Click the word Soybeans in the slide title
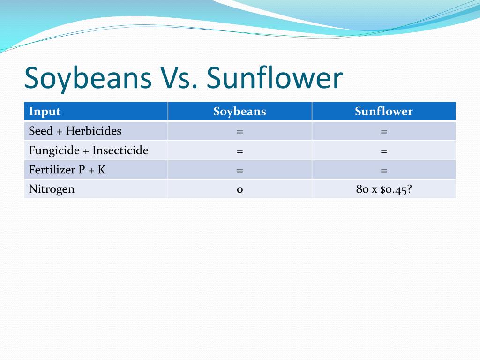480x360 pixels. [88, 78]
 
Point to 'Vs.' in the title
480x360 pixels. [179, 78]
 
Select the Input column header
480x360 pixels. [45, 112]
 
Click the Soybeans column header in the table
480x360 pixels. [240, 112]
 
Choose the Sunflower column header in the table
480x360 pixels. [384, 111]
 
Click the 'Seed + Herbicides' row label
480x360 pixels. [75, 131]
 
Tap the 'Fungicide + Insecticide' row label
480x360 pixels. [89, 150]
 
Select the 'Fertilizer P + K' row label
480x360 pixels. [67, 170]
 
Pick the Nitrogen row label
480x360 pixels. [52, 189]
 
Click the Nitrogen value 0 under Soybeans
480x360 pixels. [240, 190]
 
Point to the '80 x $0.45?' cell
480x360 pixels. [384, 189]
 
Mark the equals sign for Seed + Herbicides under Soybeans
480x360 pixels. [240, 132]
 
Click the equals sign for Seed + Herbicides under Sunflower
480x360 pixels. [384, 132]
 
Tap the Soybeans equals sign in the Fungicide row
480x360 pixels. [240, 151]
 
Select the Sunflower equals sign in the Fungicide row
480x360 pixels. [384, 151]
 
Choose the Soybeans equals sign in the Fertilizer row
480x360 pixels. [240, 171]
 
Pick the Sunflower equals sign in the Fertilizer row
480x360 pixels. [384, 171]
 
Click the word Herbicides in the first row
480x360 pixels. [94, 131]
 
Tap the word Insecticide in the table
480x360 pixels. [120, 150]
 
